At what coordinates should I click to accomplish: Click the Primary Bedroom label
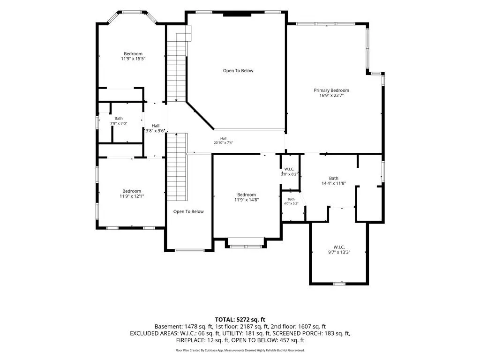pyautogui.click(x=331, y=90)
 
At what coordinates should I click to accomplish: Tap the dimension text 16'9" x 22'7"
pyautogui.click(x=331, y=95)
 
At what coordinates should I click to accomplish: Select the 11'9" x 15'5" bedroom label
pyautogui.click(x=133, y=56)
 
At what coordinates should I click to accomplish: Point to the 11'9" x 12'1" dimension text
pyautogui.click(x=132, y=196)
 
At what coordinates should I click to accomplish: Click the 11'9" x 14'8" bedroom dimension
pyautogui.click(x=247, y=200)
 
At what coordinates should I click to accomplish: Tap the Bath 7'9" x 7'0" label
pyautogui.click(x=119, y=121)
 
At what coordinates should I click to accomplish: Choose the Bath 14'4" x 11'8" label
pyautogui.click(x=334, y=180)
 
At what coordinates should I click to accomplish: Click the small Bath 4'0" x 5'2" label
pyautogui.click(x=291, y=201)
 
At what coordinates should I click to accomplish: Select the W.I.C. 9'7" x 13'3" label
pyautogui.click(x=339, y=249)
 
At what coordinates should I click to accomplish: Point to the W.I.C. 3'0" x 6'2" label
pyautogui.click(x=289, y=172)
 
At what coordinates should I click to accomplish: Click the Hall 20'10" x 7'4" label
pyautogui.click(x=223, y=140)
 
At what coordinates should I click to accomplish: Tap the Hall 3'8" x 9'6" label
pyautogui.click(x=155, y=128)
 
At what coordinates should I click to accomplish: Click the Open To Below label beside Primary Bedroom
pyautogui.click(x=238, y=71)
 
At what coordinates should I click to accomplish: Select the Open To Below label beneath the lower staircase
pyautogui.click(x=188, y=211)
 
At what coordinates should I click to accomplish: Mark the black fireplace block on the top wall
pyautogui.click(x=237, y=15)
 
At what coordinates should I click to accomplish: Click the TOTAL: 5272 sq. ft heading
pyautogui.click(x=240, y=320)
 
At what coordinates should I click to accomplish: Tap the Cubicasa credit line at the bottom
pyautogui.click(x=240, y=350)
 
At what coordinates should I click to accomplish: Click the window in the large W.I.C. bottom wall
pyautogui.click(x=339, y=284)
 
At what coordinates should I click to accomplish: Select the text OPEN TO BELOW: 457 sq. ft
pyautogui.click(x=268, y=340)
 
